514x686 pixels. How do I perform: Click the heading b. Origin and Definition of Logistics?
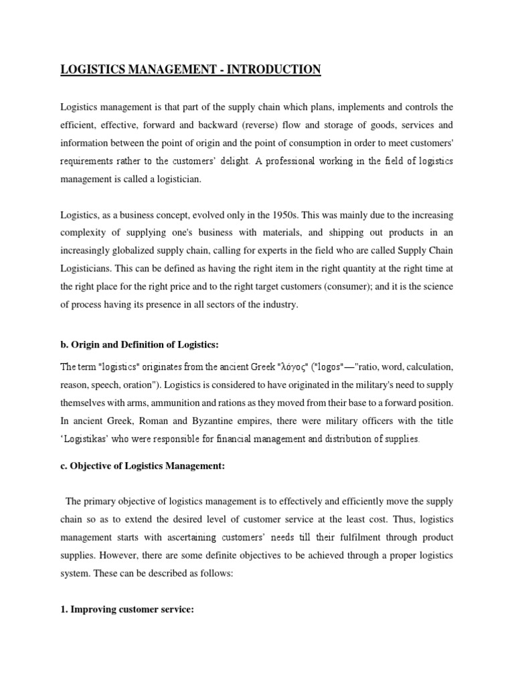[x=140, y=344]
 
